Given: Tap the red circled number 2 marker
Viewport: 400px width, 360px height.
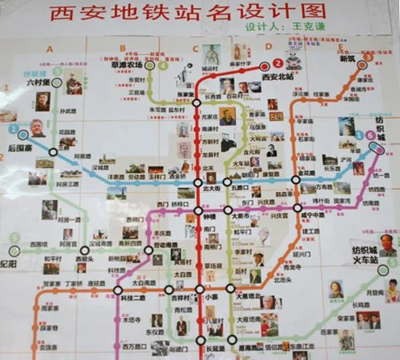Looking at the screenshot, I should [x=278, y=63].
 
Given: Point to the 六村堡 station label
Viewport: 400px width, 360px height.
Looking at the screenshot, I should [x=37, y=82].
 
